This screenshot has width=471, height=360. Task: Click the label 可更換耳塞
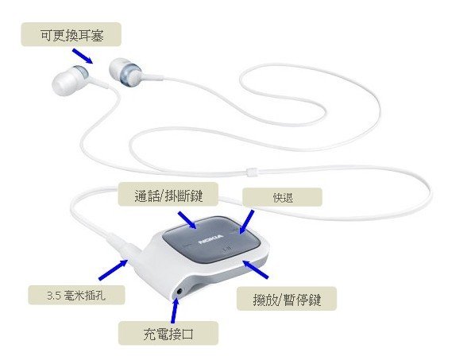click(71, 34)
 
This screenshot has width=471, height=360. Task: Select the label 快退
click(282, 197)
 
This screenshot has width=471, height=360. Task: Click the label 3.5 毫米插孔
click(76, 295)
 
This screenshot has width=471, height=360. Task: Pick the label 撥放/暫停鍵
click(287, 299)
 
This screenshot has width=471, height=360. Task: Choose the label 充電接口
click(168, 333)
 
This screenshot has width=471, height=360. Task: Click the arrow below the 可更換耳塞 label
click(83, 56)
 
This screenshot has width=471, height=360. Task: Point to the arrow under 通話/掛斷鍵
click(187, 220)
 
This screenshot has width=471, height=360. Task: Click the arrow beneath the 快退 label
click(246, 222)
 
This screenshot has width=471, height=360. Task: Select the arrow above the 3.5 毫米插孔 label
click(114, 269)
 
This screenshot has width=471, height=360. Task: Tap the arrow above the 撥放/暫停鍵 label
click(255, 269)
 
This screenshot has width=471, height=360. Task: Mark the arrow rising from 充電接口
click(175, 310)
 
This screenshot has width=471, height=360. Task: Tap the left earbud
click(70, 79)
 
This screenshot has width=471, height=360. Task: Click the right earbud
click(125, 72)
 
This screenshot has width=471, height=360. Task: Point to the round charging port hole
click(180, 291)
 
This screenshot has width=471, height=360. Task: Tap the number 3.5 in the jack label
click(54, 296)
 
